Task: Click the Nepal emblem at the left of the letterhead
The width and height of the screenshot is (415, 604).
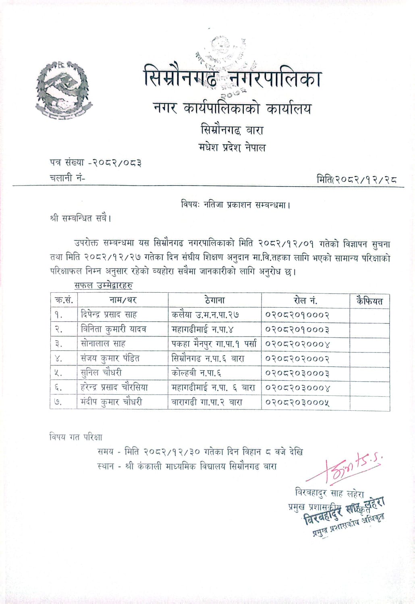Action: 63,91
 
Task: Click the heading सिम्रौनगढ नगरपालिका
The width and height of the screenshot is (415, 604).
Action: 232,77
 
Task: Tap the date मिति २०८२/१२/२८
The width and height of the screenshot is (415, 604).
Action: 357,180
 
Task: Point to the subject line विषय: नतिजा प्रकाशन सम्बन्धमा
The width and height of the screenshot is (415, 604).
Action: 236,205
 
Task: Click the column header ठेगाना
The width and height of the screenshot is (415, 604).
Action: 214,300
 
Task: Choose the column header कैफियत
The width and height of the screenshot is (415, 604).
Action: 369,300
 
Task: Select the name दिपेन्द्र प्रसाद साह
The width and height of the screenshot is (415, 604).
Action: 109,314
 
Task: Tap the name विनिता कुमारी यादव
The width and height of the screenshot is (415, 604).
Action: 113,329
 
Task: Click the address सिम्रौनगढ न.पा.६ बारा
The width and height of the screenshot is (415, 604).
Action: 207,358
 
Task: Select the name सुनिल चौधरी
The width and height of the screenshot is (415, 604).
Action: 101,373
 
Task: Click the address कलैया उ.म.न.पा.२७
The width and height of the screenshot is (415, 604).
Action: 205,314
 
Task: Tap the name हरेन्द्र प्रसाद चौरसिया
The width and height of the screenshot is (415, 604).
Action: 114,387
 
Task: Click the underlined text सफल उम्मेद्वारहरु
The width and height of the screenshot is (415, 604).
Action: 104,285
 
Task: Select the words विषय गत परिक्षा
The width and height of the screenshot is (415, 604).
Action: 76,437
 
